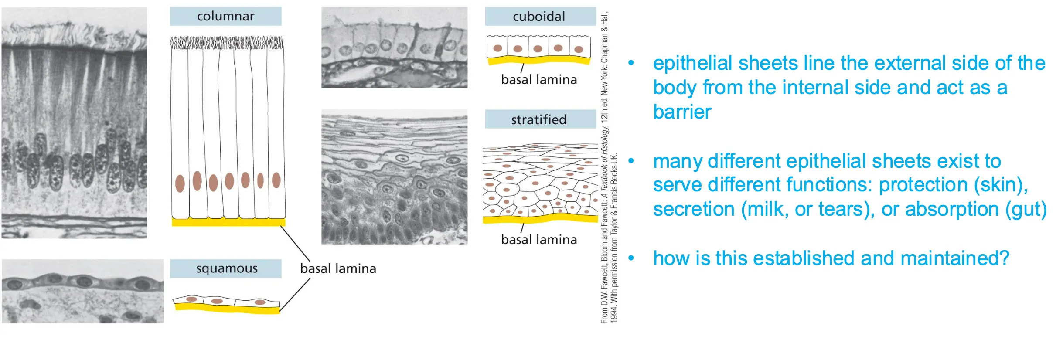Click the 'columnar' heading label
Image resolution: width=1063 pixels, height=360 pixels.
[225, 17]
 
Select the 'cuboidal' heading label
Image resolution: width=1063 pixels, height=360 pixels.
[539, 17]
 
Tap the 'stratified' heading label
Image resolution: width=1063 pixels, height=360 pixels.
[539, 119]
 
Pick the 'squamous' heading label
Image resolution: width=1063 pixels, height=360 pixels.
[227, 268]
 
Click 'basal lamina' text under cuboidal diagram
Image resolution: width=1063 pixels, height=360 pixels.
[539, 80]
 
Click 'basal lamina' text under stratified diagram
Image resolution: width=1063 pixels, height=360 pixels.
[539, 240]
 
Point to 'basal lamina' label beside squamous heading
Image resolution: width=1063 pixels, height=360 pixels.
[338, 268]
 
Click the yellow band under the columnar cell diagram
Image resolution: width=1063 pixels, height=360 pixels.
[228, 222]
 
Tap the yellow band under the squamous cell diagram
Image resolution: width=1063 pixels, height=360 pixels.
[227, 308]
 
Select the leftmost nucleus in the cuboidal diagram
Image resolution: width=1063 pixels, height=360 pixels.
[497, 48]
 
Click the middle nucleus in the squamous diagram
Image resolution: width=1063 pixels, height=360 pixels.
[217, 301]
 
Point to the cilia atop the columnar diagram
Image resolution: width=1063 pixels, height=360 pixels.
[227, 43]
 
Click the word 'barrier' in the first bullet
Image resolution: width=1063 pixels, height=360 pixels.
[682, 112]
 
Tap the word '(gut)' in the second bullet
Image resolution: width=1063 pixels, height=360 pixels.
[1026, 209]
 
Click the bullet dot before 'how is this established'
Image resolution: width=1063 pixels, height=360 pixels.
[631, 258]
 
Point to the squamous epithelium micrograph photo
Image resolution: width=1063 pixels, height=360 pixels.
[82, 291]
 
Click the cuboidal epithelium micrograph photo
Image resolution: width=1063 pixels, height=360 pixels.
[394, 47]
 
